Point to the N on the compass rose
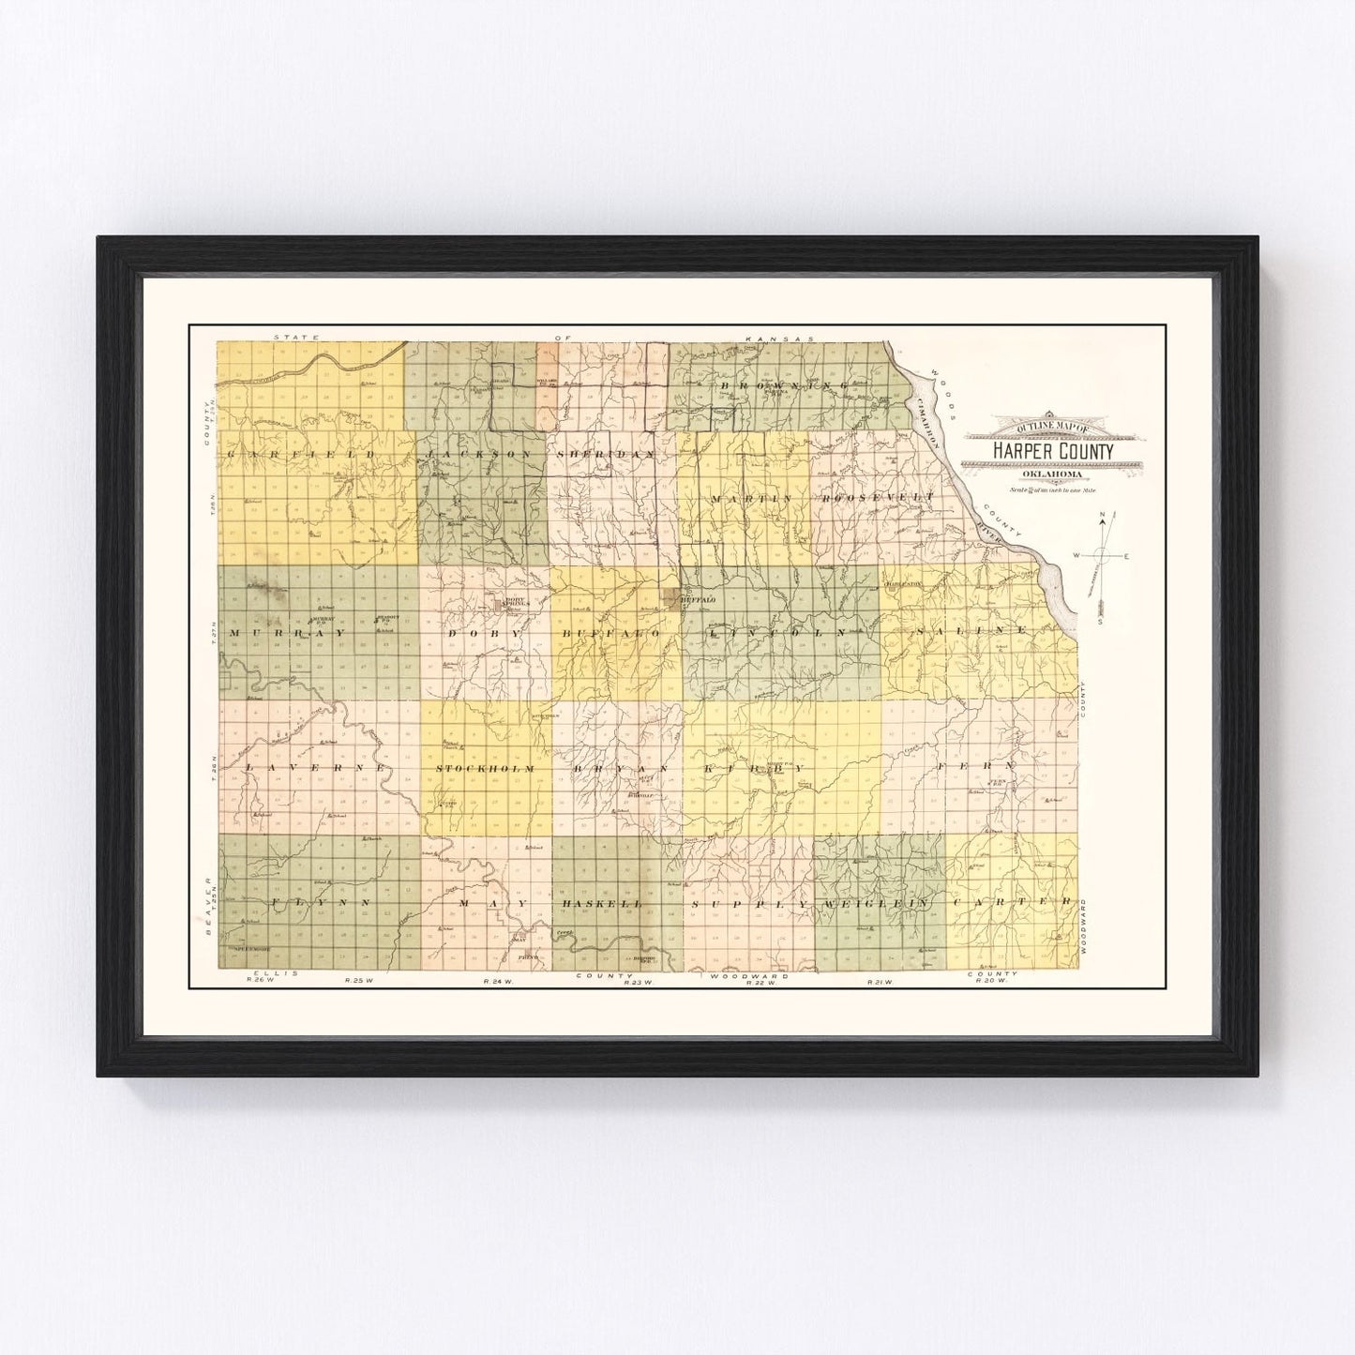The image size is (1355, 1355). pyautogui.click(x=1103, y=515)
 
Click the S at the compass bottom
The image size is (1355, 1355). pyautogui.click(x=1101, y=622)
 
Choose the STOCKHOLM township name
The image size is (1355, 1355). pyautogui.click(x=486, y=769)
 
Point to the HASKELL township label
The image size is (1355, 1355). pyautogui.click(x=601, y=903)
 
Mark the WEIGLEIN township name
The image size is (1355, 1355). pyautogui.click(x=875, y=903)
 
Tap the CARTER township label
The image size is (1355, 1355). pyautogui.click(x=1011, y=902)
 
